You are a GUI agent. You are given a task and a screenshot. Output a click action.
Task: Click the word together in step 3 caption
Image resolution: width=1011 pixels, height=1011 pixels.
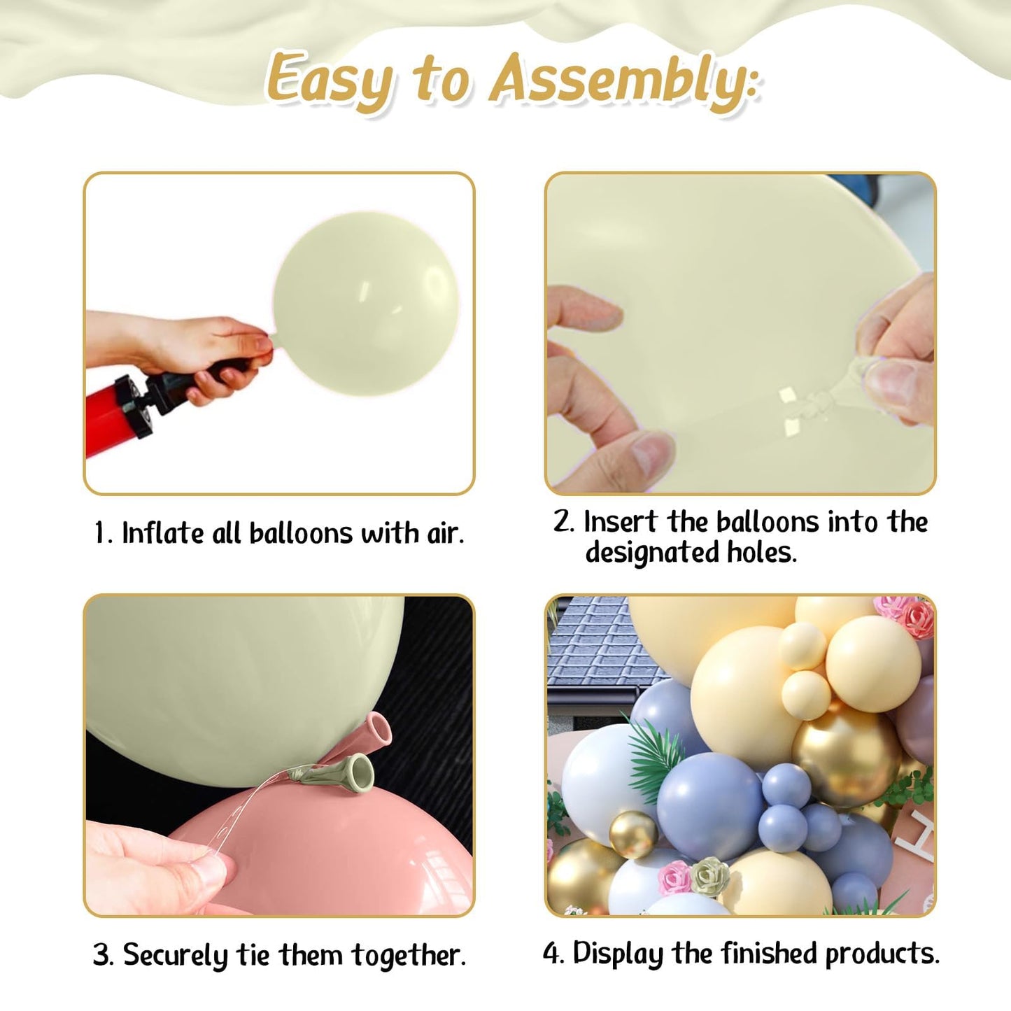(408, 955)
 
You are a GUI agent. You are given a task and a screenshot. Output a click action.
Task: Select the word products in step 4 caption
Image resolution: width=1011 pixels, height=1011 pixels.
(882, 954)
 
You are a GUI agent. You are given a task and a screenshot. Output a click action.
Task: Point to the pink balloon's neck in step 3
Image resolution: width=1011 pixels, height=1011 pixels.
(375, 730)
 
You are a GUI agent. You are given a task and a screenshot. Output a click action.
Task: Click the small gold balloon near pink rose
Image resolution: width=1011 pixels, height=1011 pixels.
(633, 834)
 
